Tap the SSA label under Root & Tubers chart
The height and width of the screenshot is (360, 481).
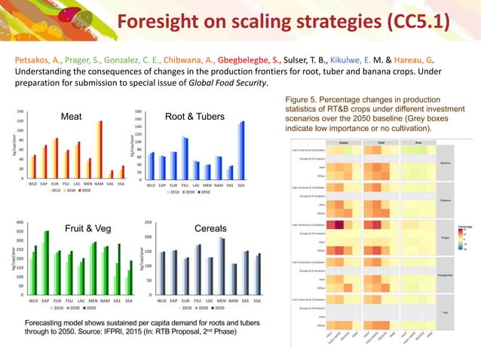(241, 184)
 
